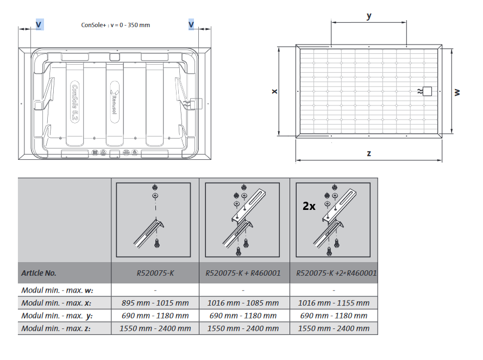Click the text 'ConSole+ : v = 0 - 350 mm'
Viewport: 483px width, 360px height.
tap(115, 25)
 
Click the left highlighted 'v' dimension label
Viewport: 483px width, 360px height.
tap(39, 24)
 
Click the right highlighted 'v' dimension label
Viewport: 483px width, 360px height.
tap(191, 24)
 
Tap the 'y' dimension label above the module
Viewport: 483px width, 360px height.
tap(369, 16)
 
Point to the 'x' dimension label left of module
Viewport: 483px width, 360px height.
tap(274, 91)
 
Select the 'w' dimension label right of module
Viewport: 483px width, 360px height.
tap(457, 92)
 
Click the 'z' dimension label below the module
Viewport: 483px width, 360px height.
tap(369, 153)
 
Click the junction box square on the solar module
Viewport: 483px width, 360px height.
tap(428, 91)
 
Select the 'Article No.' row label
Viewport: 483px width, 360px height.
tap(39, 273)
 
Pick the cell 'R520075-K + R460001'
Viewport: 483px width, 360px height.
tap(244, 273)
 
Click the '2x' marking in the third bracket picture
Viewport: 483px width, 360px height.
tap(309, 207)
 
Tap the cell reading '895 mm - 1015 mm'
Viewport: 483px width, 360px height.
tap(155, 302)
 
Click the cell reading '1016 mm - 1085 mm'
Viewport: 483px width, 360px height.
tap(244, 302)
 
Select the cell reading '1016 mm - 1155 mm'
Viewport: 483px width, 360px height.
tap(334, 302)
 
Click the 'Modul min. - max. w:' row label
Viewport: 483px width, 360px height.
tap(57, 290)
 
